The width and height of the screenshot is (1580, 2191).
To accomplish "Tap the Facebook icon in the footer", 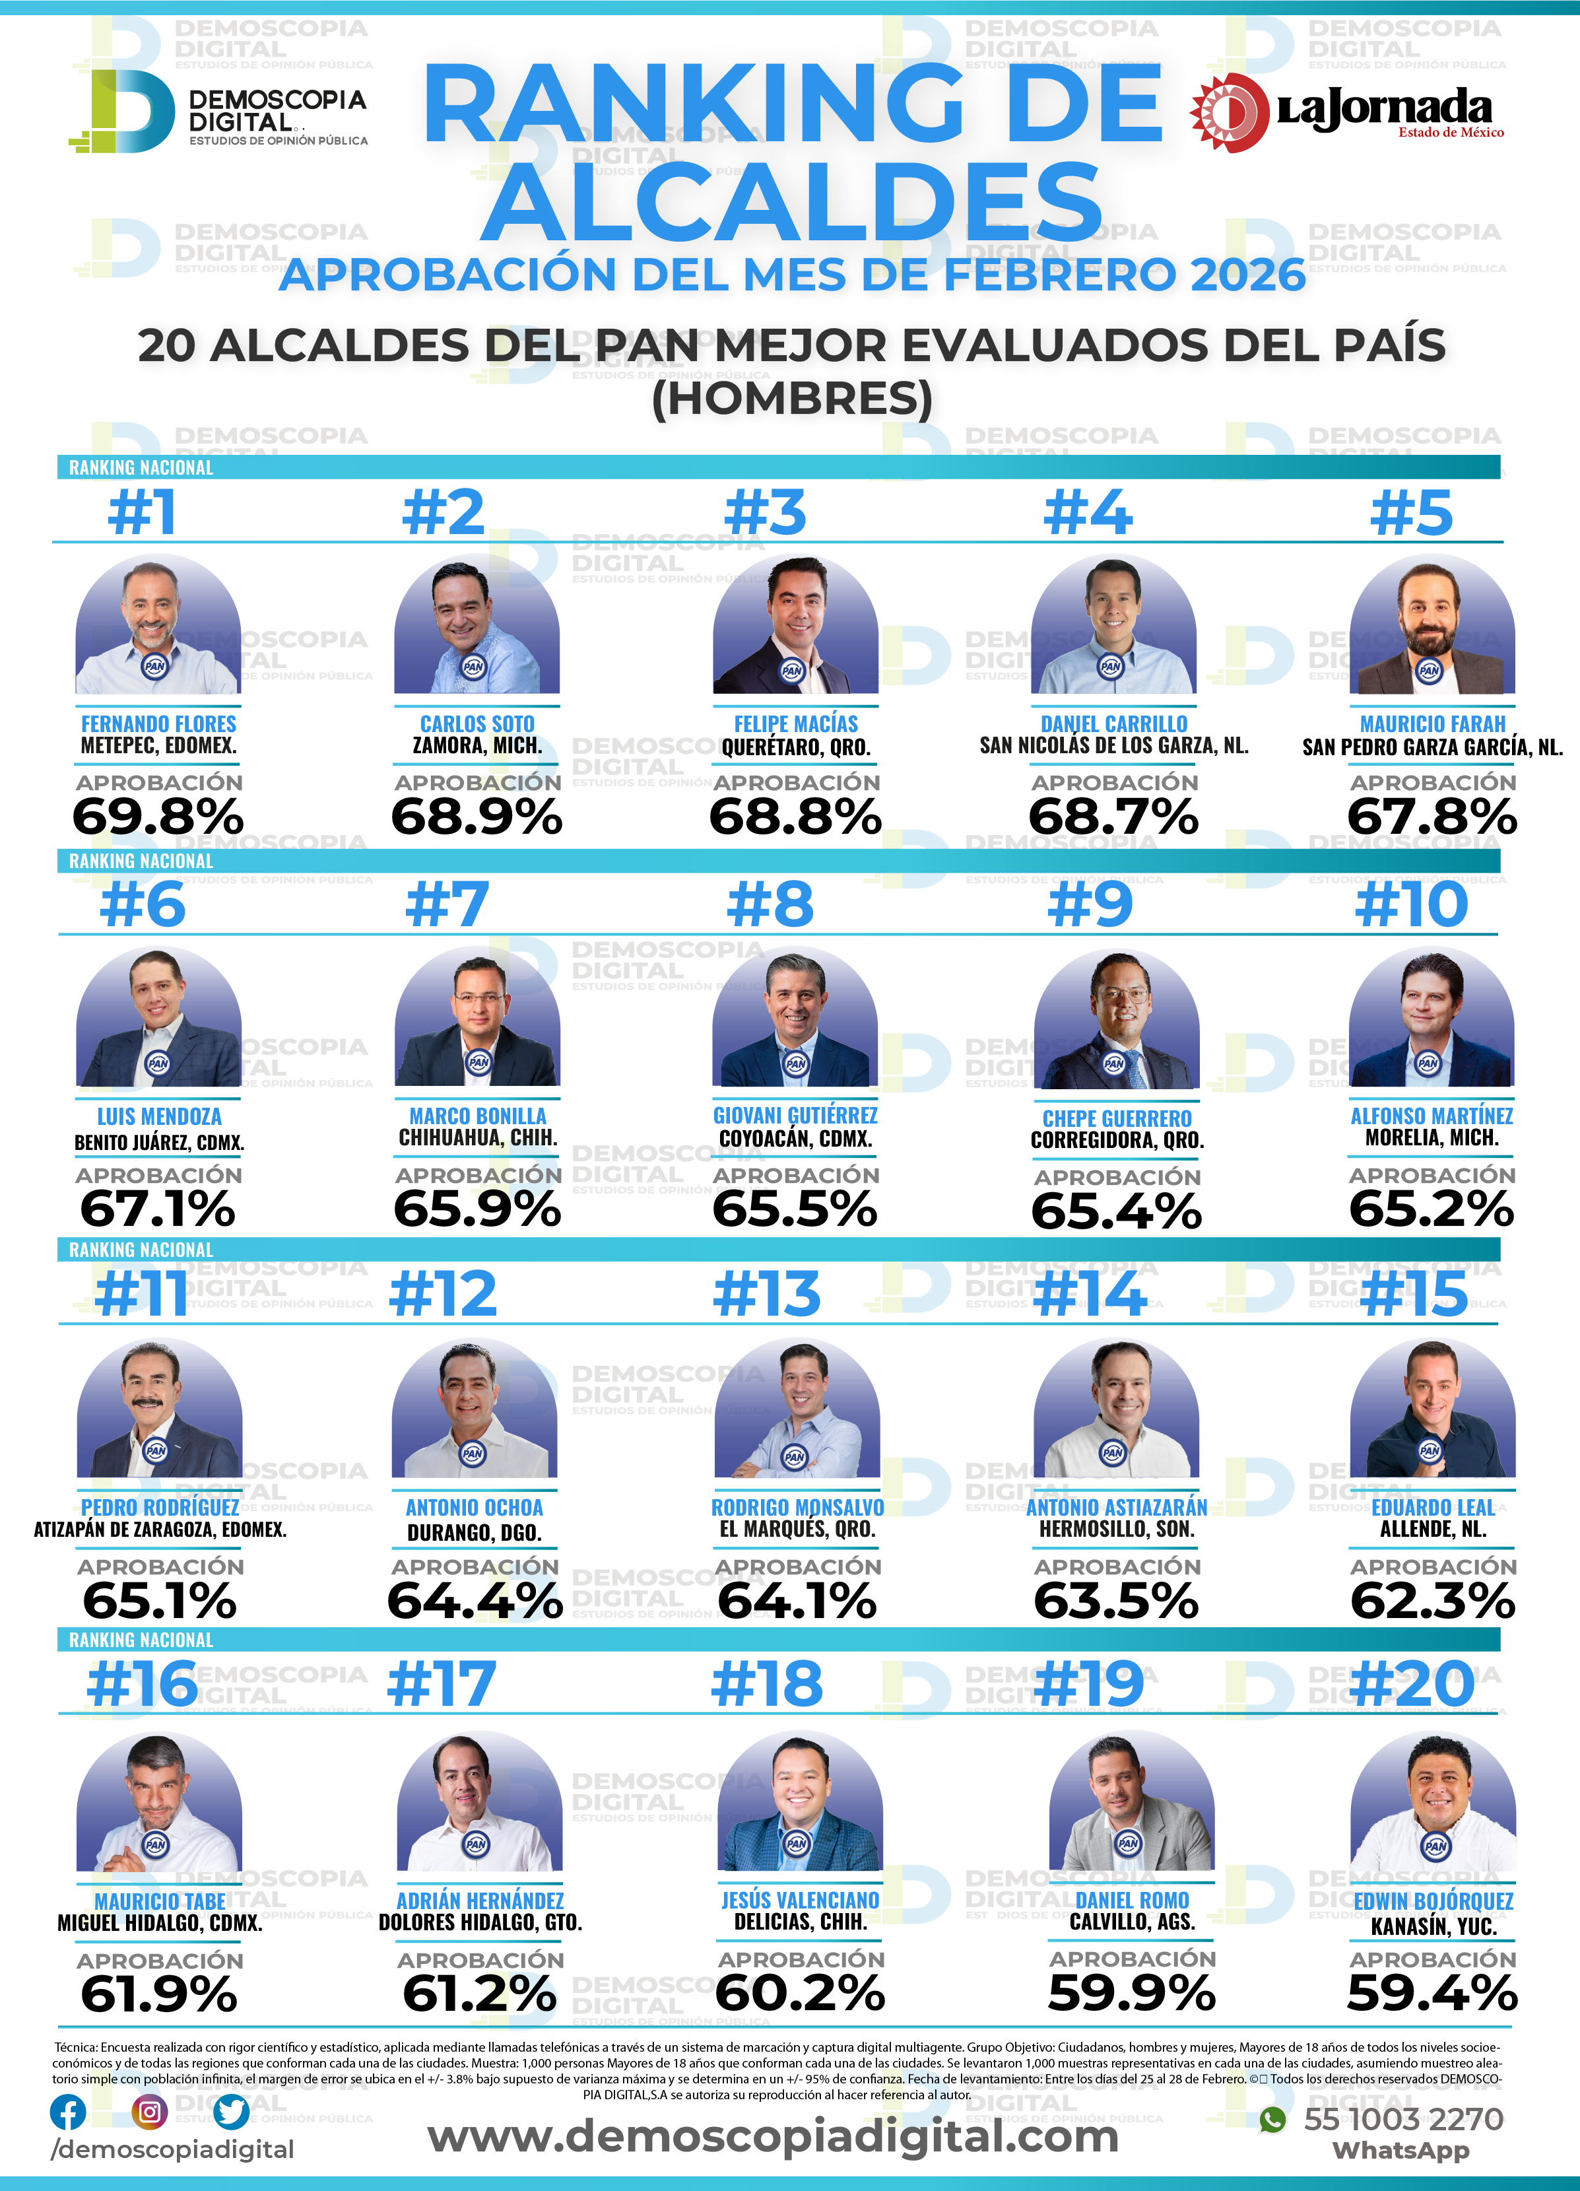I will coord(67,2112).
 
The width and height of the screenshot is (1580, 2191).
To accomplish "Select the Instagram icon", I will coord(150,2112).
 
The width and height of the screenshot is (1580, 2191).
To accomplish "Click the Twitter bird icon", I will coord(232,2112).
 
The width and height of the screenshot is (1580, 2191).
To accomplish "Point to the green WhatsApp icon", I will coord(1273,2120).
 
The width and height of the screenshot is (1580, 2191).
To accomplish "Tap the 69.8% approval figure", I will coord(158,817).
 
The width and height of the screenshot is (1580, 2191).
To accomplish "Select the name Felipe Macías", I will coord(796,724).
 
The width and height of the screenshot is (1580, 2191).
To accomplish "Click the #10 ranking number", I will coord(1411,905).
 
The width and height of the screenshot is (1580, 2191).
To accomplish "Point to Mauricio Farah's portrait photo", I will coord(1432,625).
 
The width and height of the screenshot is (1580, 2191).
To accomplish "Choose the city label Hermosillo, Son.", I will coord(1117,1530).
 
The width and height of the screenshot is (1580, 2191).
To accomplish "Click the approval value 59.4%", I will coord(1432,1993).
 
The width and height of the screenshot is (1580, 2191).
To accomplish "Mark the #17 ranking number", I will coord(442,1685).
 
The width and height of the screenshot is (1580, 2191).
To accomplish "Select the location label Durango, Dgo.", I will coord(474,1533).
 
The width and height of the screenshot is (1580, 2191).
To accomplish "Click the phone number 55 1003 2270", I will coord(1403,2120).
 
